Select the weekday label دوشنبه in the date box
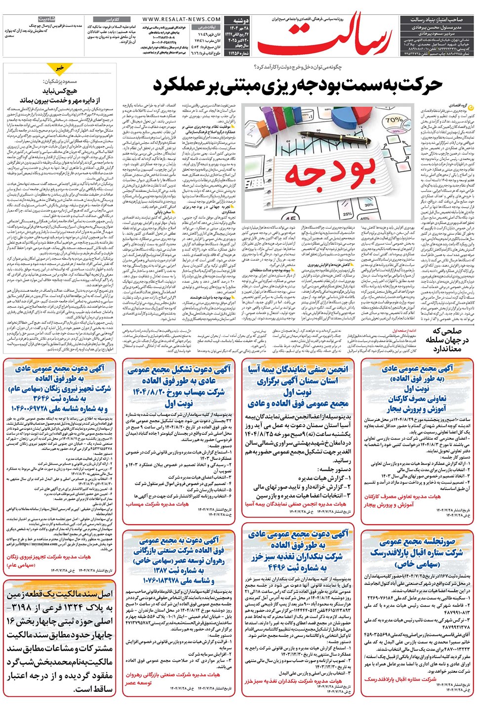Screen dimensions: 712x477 [241, 21]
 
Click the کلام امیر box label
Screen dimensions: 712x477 [112, 19]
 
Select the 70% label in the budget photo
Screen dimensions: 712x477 [393, 120]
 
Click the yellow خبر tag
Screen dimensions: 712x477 [60, 67]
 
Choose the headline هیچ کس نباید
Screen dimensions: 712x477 [59, 91]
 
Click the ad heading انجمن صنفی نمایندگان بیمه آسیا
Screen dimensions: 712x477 [298, 369]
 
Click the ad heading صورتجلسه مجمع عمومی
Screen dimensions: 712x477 [417, 541]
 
